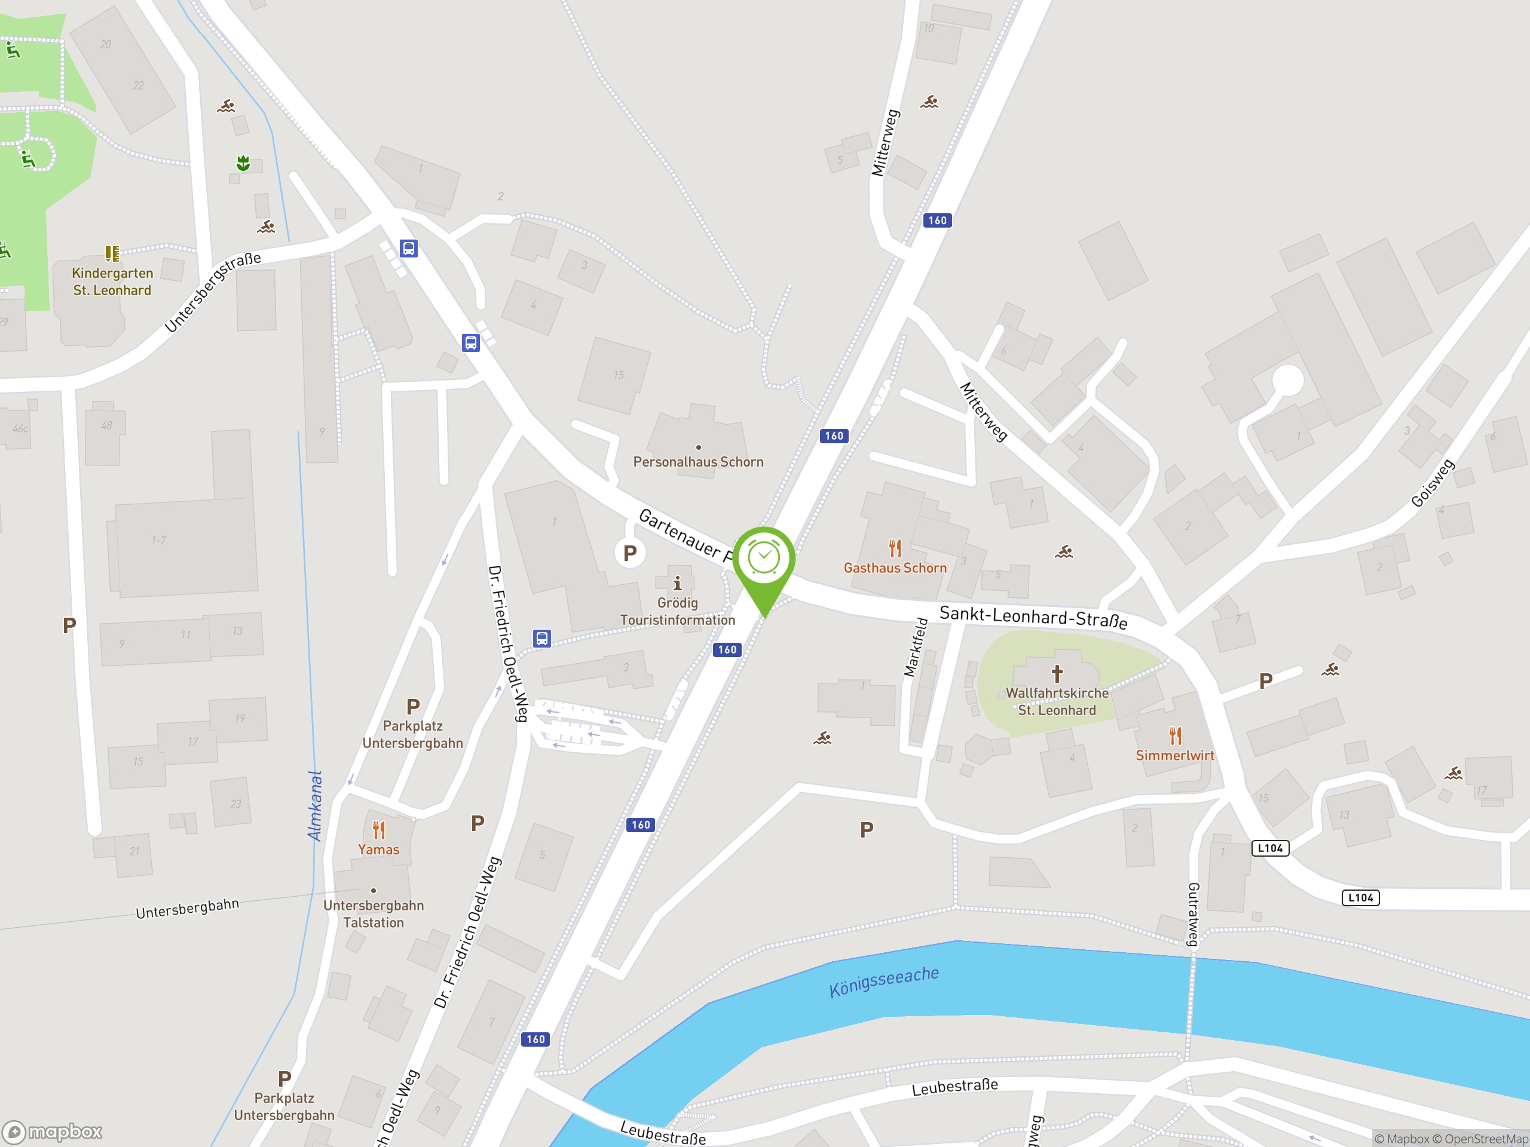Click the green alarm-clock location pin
(x=764, y=559)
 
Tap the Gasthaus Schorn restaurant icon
(x=895, y=548)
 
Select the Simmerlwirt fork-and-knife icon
(x=1175, y=735)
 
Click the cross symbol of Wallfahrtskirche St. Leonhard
(x=1057, y=673)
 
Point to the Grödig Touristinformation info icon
(x=677, y=584)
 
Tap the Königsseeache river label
(x=883, y=982)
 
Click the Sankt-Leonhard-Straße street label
(x=1033, y=616)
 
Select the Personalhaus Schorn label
(x=698, y=462)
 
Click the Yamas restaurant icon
(x=378, y=829)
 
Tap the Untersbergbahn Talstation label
(x=374, y=913)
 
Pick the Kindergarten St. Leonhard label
(x=112, y=281)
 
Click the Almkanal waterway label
(x=315, y=805)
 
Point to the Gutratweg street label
(x=1193, y=914)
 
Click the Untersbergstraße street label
(x=213, y=292)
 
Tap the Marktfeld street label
(x=916, y=646)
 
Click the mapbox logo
(x=53, y=1132)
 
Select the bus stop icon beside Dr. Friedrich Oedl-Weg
(x=541, y=638)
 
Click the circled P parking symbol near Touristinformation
(x=629, y=553)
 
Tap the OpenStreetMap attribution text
(x=1486, y=1139)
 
